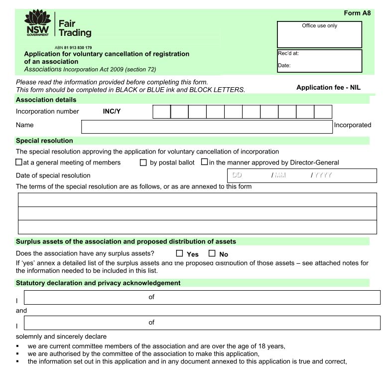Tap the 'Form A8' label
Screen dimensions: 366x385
pos(357,13)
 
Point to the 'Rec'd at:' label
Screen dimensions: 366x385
pos(288,54)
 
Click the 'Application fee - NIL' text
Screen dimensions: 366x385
pos(328,87)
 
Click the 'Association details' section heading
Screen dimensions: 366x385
pos(46,100)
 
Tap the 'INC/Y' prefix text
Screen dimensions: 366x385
pos(112,112)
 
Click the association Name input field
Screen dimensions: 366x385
pos(207,126)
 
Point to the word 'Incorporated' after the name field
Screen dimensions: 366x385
pos(353,125)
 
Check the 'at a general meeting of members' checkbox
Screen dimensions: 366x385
pos(19,162)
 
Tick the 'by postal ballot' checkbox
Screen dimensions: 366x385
pos(143,162)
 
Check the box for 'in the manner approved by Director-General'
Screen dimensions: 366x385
pos(204,162)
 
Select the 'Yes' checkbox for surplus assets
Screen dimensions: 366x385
pos(179,253)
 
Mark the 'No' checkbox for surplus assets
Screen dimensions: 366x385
pos(212,253)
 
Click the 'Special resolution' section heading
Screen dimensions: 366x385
pos(44,141)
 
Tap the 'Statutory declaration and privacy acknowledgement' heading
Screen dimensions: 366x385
pos(98,283)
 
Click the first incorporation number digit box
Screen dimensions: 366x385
pos(161,112)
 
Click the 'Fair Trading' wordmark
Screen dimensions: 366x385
pos(75,28)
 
